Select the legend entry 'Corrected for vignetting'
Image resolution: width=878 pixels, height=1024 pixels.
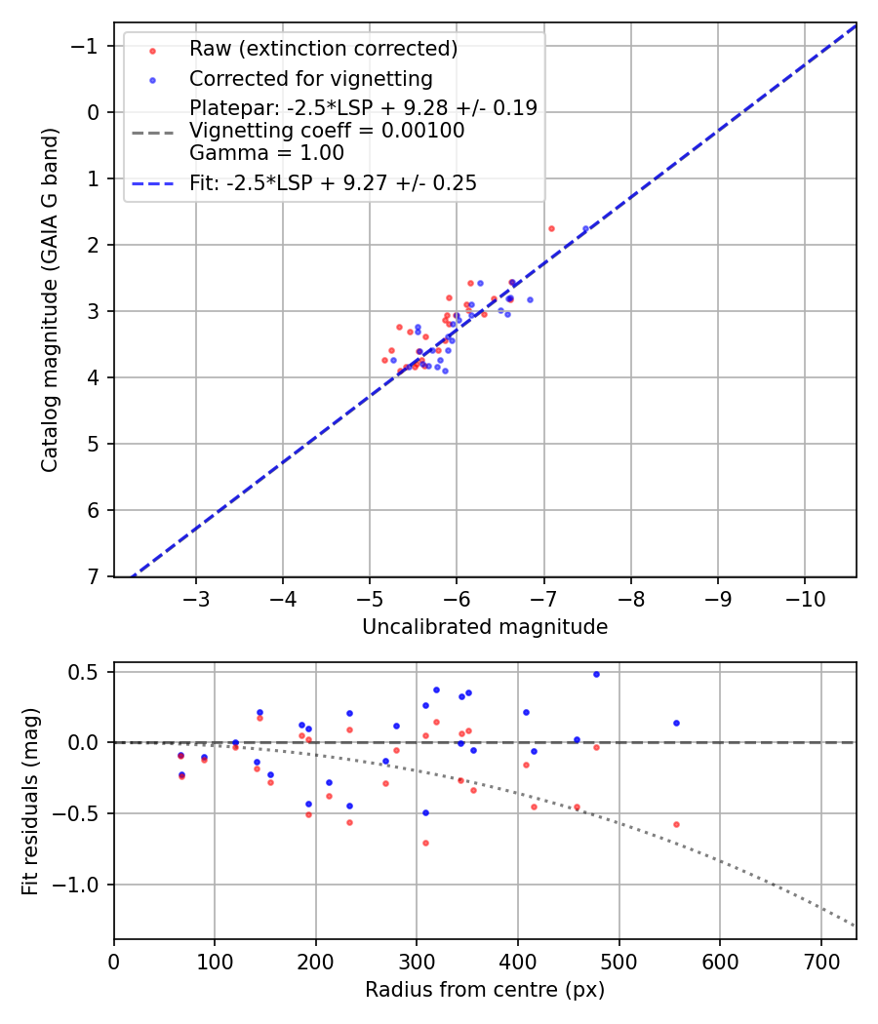pos(310,78)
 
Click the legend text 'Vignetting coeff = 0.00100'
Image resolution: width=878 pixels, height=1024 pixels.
pos(327,130)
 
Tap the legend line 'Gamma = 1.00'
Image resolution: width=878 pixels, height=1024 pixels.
pos(266,152)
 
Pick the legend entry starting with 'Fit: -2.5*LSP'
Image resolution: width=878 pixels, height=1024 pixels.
pos(333,182)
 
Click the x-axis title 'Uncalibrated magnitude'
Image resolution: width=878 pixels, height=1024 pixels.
pos(485,627)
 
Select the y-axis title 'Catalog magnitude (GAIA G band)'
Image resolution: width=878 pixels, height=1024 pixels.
pos(50,299)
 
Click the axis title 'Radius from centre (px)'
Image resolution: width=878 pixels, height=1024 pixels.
pos(485,990)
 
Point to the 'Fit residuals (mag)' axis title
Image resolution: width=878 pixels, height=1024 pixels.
pos(30,801)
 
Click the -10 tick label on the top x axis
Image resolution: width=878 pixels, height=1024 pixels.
pos(805,597)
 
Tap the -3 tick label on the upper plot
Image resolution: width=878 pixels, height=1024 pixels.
pos(196,597)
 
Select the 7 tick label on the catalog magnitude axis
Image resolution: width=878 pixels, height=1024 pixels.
pos(94,576)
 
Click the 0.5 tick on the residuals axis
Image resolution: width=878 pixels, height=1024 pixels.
pos(89,672)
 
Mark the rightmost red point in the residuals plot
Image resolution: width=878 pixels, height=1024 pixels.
pos(676,824)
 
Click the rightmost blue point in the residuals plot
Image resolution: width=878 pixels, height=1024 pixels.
pos(676,723)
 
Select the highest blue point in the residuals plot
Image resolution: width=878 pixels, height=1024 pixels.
pos(596,674)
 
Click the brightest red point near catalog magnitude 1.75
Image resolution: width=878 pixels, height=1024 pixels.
pos(551,228)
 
